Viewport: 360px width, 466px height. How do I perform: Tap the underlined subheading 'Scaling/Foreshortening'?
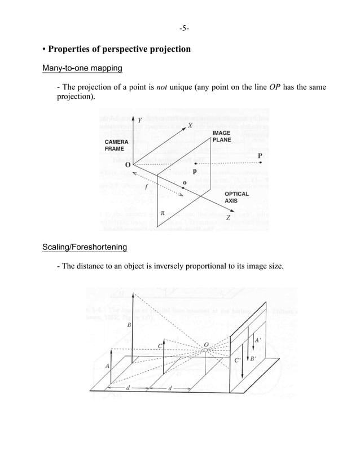(85, 247)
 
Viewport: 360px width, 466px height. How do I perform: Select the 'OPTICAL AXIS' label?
(237, 197)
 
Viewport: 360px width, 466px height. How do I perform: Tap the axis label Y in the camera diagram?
(140, 120)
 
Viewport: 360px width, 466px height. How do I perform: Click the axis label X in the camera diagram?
(190, 126)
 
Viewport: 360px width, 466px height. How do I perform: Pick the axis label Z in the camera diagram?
(228, 218)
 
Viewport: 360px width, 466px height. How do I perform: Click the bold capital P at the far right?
(260, 155)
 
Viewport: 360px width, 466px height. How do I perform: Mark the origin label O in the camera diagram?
(128, 164)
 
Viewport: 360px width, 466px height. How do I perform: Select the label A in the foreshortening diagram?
(107, 366)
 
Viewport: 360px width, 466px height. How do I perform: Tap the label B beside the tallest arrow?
(129, 325)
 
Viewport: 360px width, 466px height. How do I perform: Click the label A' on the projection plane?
(257, 341)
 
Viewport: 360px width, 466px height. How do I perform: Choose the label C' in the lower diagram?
(238, 359)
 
